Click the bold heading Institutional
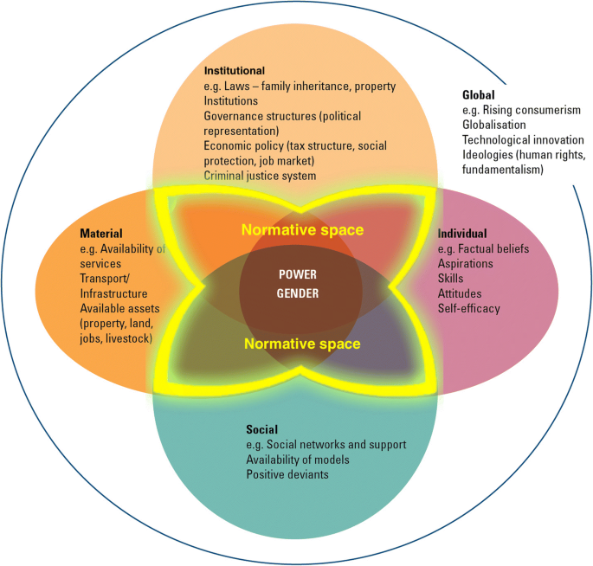235,71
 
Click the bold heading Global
479,95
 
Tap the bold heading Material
101,234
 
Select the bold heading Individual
462,234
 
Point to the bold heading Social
261,429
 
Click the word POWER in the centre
298,274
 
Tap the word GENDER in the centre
298,293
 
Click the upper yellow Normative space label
302,230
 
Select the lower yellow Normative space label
302,344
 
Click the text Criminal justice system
260,176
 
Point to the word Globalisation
494,125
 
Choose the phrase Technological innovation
523,140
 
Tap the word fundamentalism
503,170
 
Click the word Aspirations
465,264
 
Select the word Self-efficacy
469,308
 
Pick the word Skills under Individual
450,279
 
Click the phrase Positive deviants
287,474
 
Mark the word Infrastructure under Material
113,293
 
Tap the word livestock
129,338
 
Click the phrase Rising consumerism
532,110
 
